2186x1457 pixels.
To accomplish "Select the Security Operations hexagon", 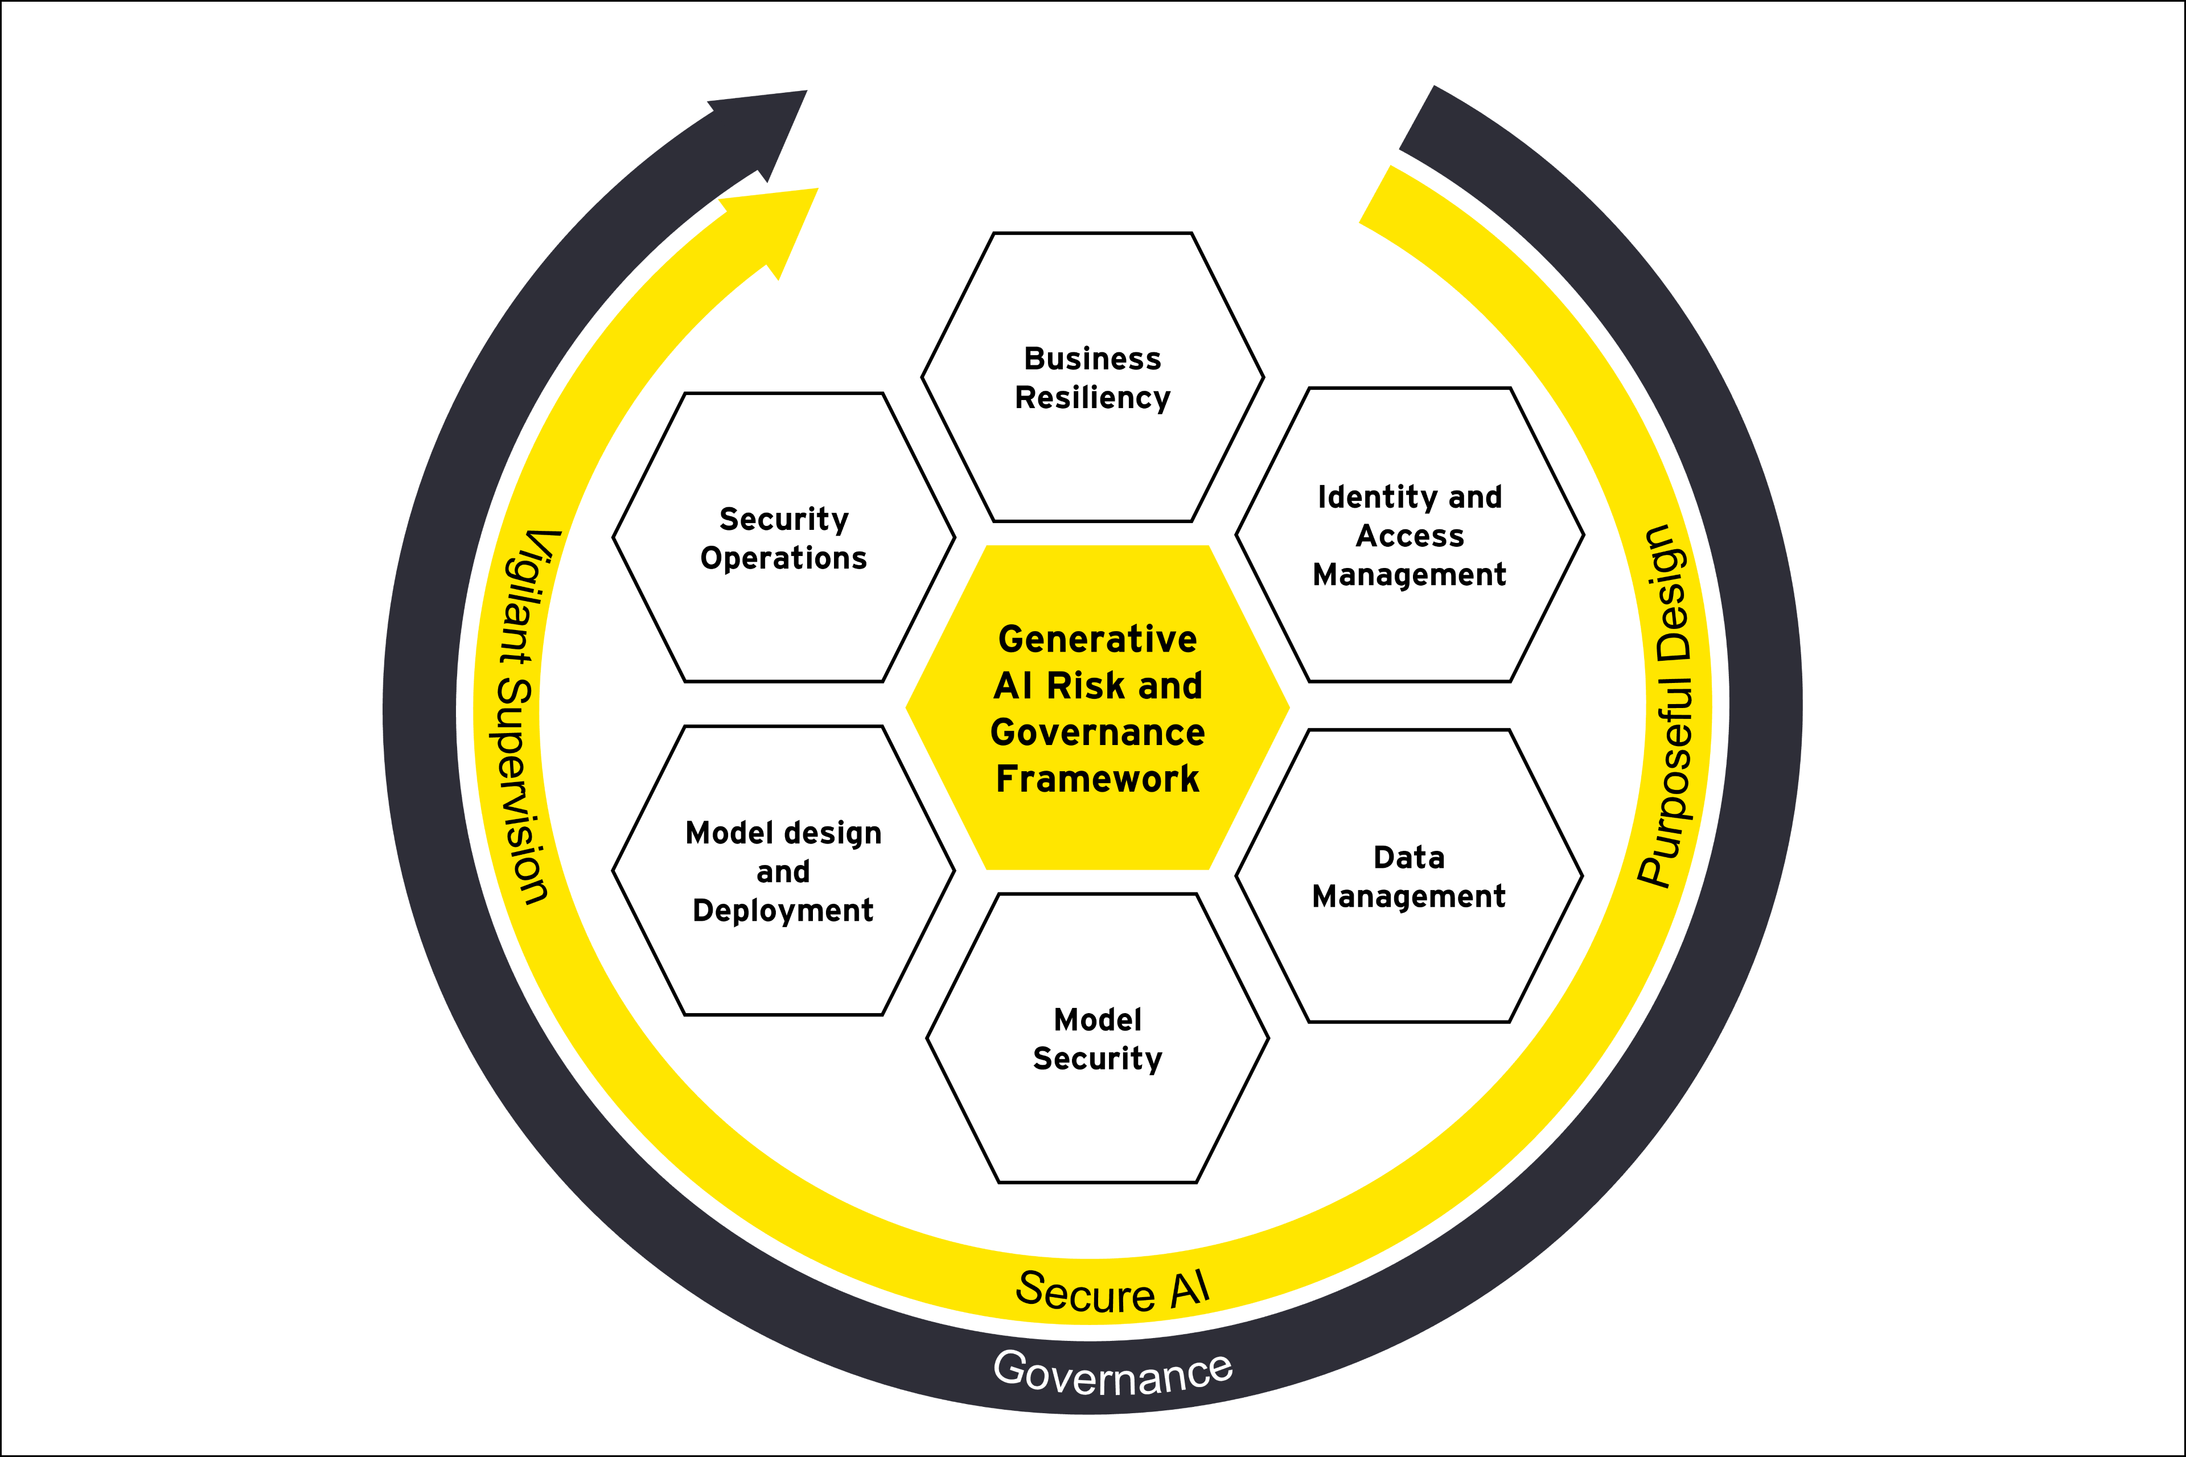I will (783, 537).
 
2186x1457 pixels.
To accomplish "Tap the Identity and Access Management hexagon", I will (1409, 535).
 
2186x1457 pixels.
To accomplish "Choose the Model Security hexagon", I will (1098, 1038).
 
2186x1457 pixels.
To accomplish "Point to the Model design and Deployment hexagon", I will (783, 871).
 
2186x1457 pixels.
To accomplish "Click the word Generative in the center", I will (1098, 639).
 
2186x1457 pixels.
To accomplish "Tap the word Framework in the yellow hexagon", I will (1098, 779).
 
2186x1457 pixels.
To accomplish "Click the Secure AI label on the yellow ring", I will (1112, 1291).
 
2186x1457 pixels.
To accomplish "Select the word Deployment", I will (783, 911).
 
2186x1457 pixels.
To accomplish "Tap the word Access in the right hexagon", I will (1409, 536).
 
